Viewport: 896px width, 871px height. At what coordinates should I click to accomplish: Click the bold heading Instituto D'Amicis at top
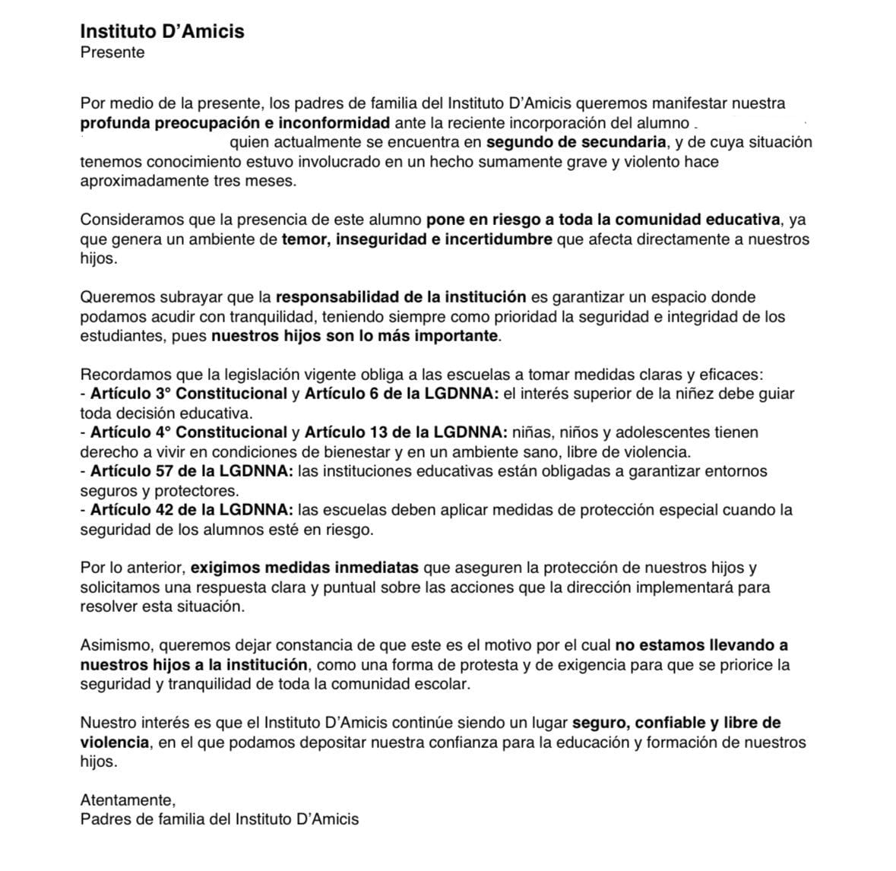click(162, 31)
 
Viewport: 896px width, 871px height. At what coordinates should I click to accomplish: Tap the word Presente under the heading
click(112, 52)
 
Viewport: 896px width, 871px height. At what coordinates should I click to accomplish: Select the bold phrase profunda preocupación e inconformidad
click(235, 122)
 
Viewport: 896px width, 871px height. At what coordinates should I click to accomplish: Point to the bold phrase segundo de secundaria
click(577, 142)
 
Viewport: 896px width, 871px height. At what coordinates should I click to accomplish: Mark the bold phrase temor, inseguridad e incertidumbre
click(417, 239)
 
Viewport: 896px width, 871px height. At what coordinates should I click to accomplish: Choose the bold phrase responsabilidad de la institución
click(401, 296)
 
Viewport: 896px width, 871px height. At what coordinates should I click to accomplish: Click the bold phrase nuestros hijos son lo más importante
click(355, 336)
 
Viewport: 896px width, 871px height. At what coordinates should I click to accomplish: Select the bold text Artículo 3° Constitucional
click(188, 394)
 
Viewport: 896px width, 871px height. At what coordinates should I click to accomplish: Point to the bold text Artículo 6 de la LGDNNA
click(401, 394)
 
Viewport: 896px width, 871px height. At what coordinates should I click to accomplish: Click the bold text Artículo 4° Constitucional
click(188, 432)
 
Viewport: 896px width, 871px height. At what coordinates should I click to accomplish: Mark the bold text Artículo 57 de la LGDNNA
click(192, 471)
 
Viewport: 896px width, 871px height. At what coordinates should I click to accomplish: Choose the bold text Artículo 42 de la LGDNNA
click(192, 509)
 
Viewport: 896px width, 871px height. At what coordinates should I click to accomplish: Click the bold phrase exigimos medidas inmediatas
click(304, 568)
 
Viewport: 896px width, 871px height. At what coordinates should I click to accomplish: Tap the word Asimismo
click(117, 645)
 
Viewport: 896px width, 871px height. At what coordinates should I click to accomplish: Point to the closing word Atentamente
click(128, 800)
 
